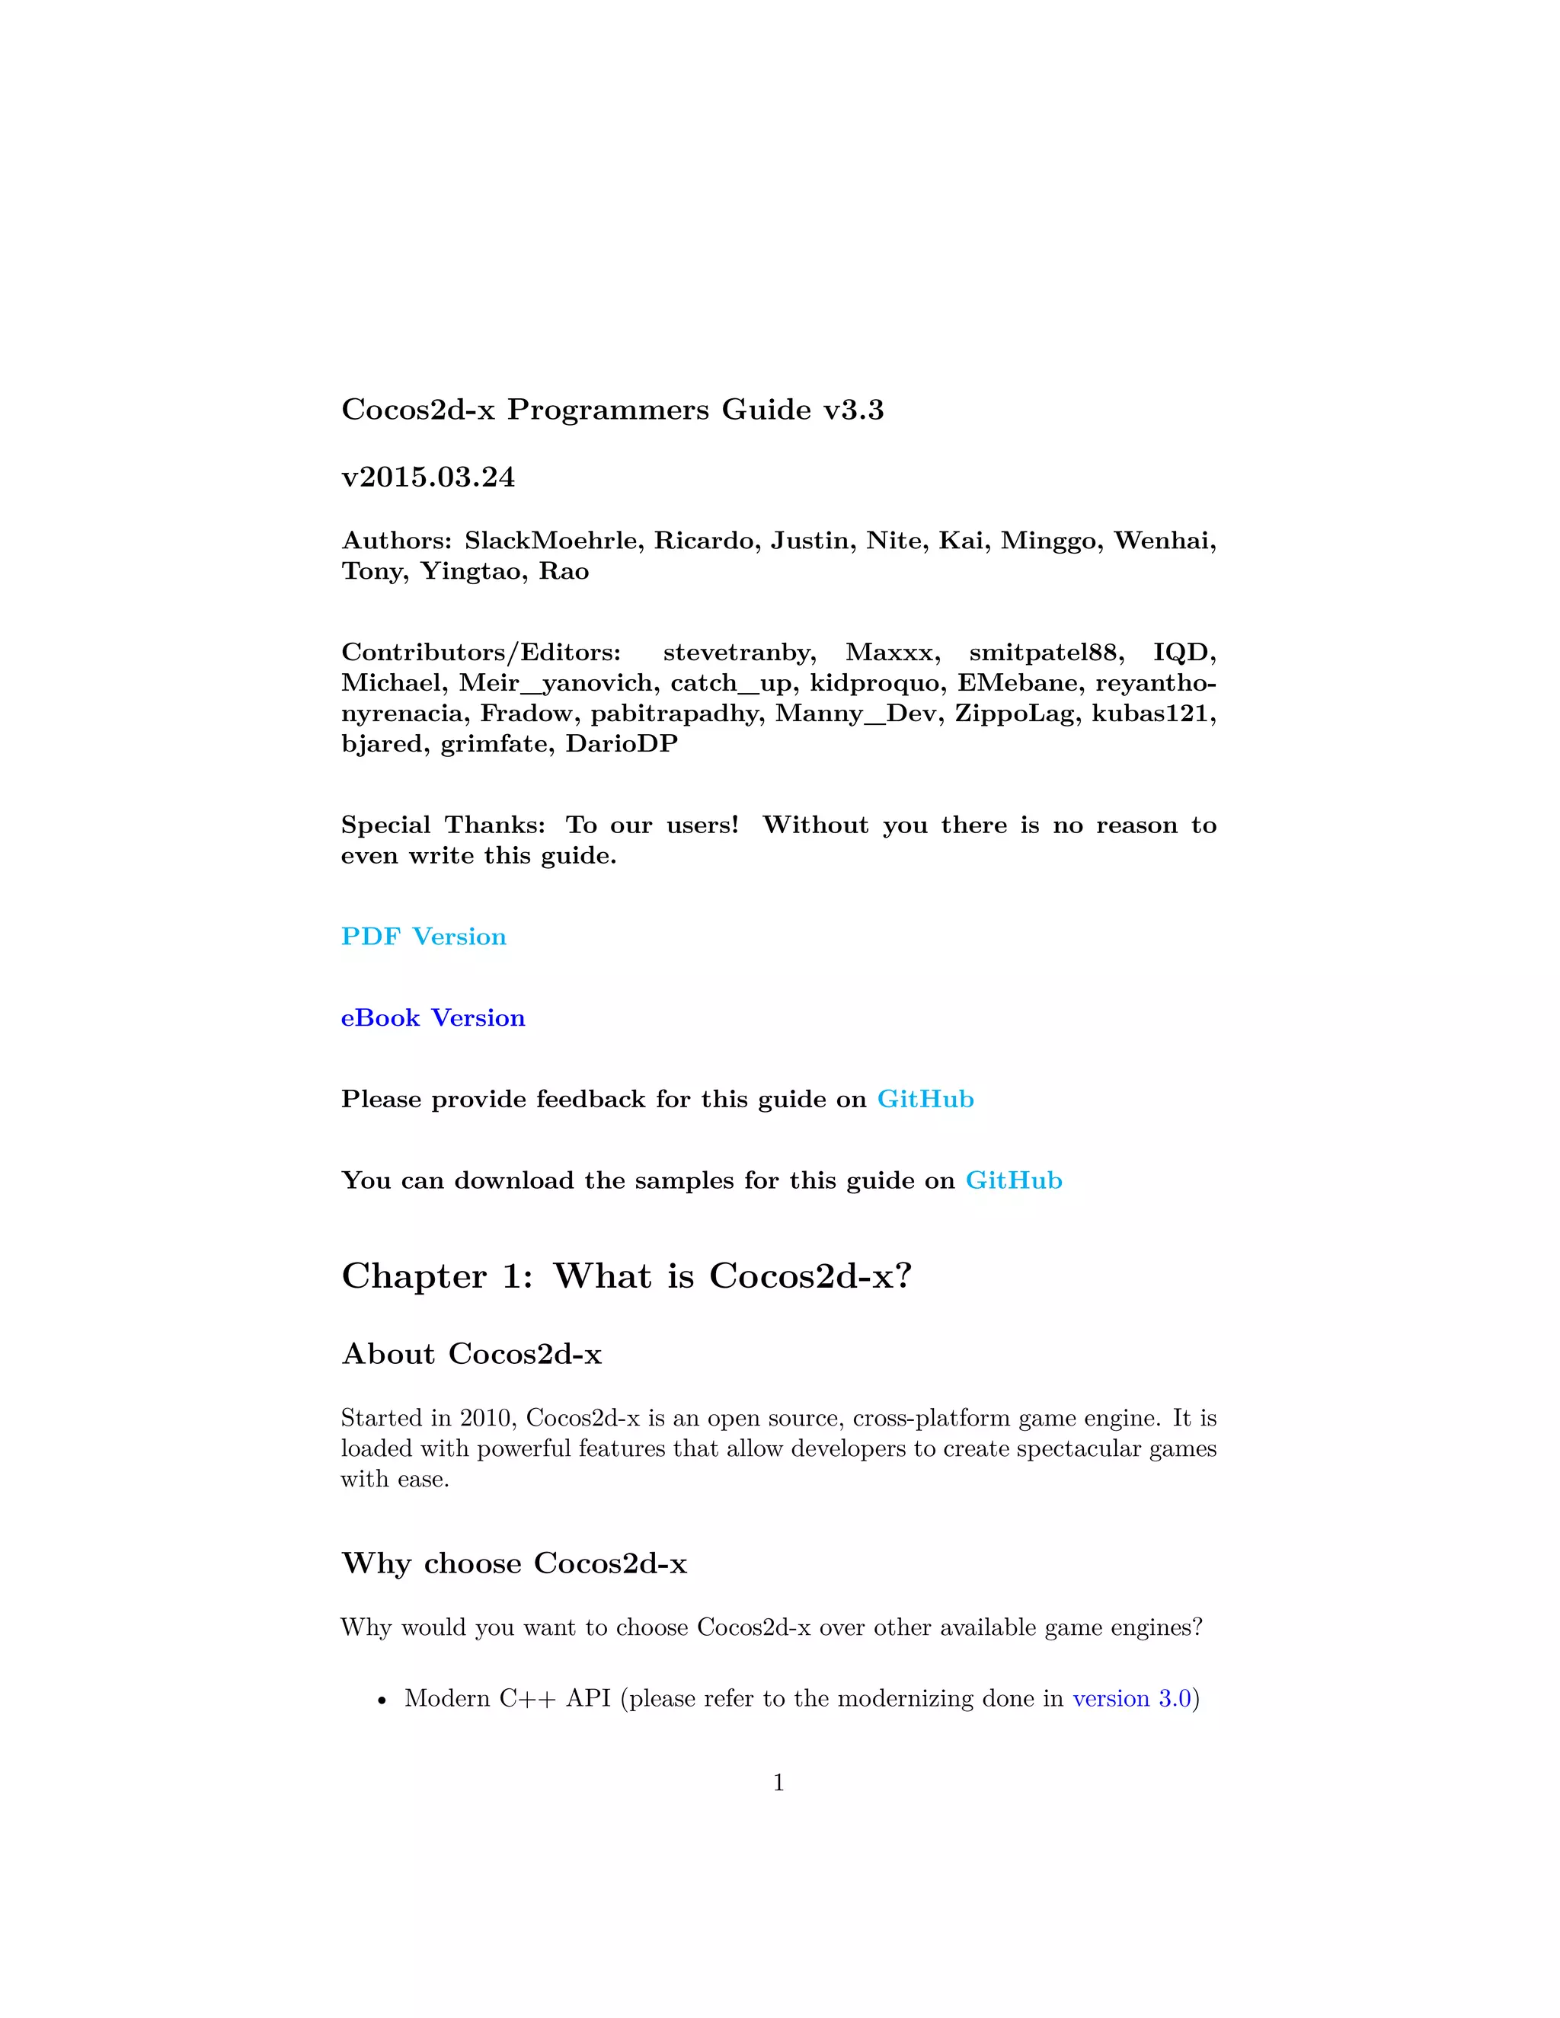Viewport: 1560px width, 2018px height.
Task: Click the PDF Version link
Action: coord(424,937)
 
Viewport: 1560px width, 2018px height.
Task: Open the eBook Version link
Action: coord(433,1018)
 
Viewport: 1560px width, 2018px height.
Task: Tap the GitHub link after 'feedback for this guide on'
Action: coord(925,1100)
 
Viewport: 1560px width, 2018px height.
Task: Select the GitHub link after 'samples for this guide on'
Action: coord(1014,1181)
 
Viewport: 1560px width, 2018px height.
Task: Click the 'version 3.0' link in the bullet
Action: coord(1131,1699)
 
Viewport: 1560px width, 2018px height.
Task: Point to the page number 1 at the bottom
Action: coord(779,1783)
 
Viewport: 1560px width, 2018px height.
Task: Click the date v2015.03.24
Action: coord(428,477)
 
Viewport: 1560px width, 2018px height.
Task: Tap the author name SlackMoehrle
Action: coord(551,541)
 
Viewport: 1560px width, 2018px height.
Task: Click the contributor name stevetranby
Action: coord(738,653)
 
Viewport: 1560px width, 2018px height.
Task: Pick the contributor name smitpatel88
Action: coord(1045,653)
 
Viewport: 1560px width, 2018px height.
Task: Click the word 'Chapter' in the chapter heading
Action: coord(414,1276)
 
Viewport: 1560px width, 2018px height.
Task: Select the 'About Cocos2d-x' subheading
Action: coord(472,1355)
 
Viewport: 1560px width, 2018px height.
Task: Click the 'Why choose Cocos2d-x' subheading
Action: coord(514,1563)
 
